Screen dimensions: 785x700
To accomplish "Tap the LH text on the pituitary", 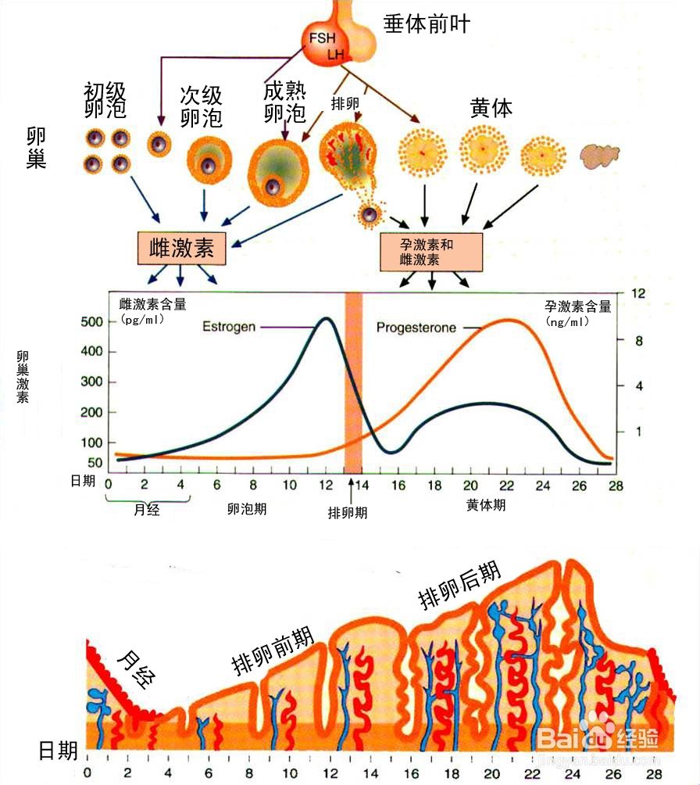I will (337, 54).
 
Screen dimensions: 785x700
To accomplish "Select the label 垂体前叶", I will (427, 24).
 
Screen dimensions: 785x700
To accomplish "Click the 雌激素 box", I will (180, 248).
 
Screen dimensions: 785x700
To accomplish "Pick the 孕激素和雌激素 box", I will (430, 251).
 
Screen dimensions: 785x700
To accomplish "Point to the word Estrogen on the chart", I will (229, 326).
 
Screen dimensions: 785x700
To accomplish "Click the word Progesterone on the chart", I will (416, 328).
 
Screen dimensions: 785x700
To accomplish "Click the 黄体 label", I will (491, 108).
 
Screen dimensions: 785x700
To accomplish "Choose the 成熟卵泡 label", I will (284, 103).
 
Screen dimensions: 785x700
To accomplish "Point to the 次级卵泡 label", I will (201, 107).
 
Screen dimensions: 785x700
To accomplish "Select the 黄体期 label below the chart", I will (486, 505).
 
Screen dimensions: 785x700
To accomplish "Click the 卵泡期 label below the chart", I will (247, 508).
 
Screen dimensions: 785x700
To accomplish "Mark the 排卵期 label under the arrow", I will (348, 513).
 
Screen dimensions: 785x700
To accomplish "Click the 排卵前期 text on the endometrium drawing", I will (273, 652).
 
